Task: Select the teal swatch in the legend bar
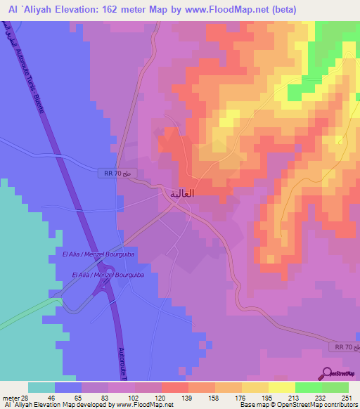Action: click(x=41, y=387)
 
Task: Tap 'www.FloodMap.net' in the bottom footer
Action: click(x=139, y=405)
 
